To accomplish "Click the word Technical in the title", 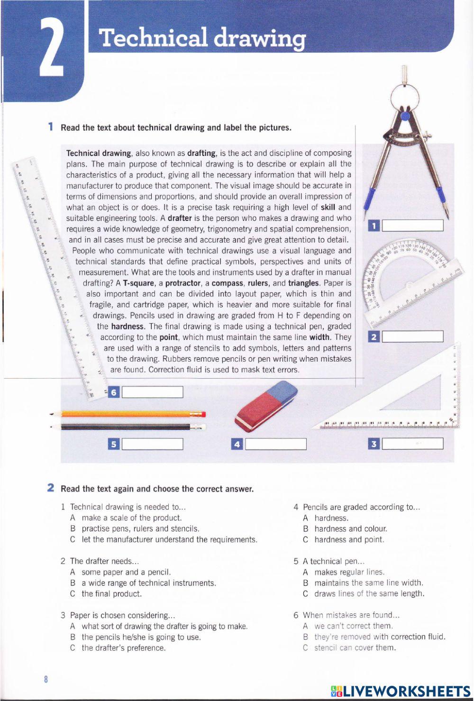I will pyautogui.click(x=154, y=38).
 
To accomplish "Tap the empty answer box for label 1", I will pyautogui.click(x=412, y=226).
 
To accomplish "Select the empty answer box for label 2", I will pyautogui.click(x=412, y=337).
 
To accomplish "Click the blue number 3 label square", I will pyautogui.click(x=374, y=444).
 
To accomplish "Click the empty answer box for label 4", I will pyautogui.click(x=276, y=444).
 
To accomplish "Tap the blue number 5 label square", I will pyautogui.click(x=114, y=444).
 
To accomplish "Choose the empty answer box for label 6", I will pyautogui.click(x=153, y=392).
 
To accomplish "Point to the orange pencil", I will pyautogui.click(x=128, y=414).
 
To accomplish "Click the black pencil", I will pyautogui.click(x=128, y=427).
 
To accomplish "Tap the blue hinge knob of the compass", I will pyautogui.click(x=405, y=116).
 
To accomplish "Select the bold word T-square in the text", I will pyautogui.click(x=138, y=283).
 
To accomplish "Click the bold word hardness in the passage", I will pyautogui.click(x=128, y=327).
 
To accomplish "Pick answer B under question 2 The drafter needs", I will pyautogui.click(x=148, y=583).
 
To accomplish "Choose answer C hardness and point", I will pyautogui.click(x=348, y=539).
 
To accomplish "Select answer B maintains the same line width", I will pyautogui.click(x=368, y=583).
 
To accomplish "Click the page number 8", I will pyautogui.click(x=46, y=679).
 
